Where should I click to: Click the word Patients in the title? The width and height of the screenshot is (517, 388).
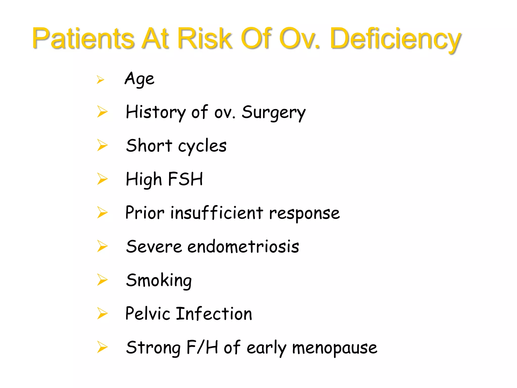(83, 38)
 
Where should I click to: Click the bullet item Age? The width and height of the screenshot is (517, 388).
(139, 79)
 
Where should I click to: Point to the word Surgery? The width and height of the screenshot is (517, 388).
(274, 112)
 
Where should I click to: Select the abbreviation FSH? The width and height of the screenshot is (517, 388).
(185, 179)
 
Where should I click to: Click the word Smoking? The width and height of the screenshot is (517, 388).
(159, 280)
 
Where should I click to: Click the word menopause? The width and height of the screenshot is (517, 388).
(334, 348)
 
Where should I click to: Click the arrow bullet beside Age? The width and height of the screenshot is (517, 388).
(100, 80)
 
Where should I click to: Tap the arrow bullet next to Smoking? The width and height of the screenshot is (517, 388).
(102, 280)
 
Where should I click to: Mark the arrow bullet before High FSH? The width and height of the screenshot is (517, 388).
(102, 179)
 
